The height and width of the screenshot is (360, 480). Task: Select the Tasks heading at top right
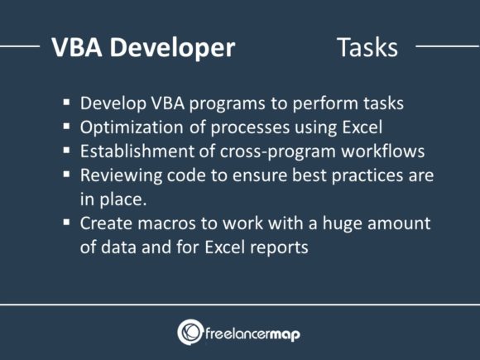pos(367,47)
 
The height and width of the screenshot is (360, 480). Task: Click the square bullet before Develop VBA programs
pos(66,104)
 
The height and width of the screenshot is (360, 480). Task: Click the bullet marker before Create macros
pos(66,223)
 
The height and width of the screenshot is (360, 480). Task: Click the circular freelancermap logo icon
pos(190,332)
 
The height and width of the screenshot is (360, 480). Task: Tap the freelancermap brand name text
pos(254,333)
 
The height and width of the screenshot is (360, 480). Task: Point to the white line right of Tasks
pos(447,46)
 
